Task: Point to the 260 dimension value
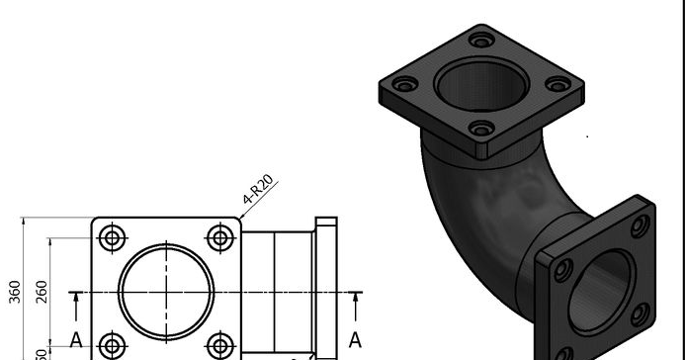coord(43,291)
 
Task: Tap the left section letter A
coord(75,341)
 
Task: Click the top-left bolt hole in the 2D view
coord(113,237)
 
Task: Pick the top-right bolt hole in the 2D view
coord(219,237)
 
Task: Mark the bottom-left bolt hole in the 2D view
coord(113,345)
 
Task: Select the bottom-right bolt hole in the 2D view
coord(219,345)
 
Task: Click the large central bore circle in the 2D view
coord(166,291)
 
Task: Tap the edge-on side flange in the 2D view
coord(325,287)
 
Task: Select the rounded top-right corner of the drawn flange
coord(236,223)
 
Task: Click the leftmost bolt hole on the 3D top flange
coord(402,86)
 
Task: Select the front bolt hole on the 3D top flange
coord(481,129)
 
